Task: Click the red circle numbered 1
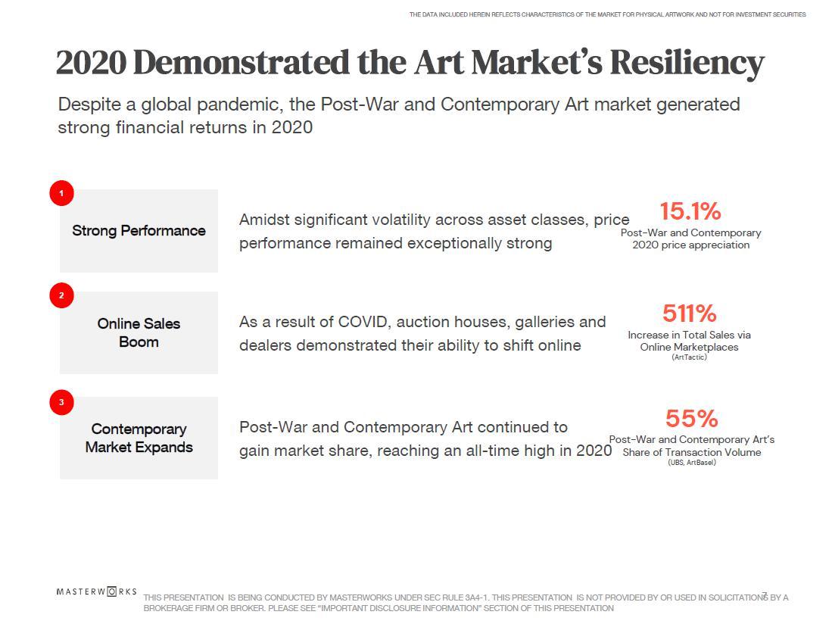click(x=61, y=193)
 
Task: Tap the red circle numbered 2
click(x=61, y=295)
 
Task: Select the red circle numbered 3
click(x=61, y=402)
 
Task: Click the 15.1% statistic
click(x=690, y=211)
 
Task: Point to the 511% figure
click(x=689, y=313)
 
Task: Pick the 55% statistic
click(x=691, y=418)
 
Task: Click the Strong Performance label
click(x=139, y=231)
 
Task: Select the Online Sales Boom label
click(x=139, y=332)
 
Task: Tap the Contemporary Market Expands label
click(x=139, y=438)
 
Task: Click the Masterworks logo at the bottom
click(x=96, y=591)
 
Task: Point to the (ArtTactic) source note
click(x=689, y=357)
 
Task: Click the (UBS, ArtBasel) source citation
click(x=691, y=462)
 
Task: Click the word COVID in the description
click(x=365, y=322)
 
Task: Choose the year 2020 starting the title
click(x=91, y=62)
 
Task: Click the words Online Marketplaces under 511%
click(x=689, y=347)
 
